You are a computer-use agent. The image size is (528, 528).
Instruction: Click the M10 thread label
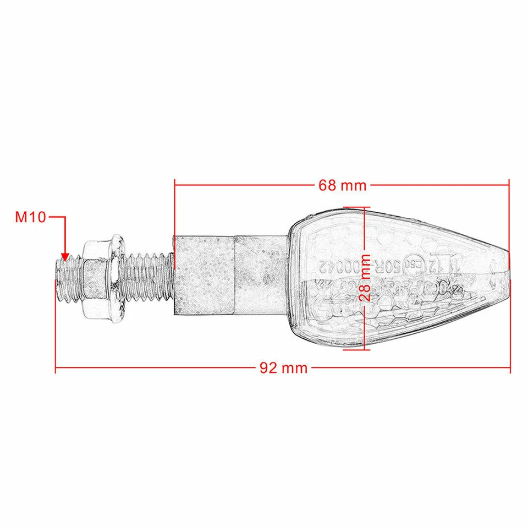(x=30, y=217)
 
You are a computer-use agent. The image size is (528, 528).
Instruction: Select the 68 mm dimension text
(x=342, y=185)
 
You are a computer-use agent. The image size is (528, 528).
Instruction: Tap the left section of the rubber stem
(x=204, y=275)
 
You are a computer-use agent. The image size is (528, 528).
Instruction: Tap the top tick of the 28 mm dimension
(x=353, y=208)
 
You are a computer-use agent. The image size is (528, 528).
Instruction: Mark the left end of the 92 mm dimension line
(x=56, y=369)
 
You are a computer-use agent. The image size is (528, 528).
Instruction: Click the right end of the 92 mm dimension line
(x=510, y=369)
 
